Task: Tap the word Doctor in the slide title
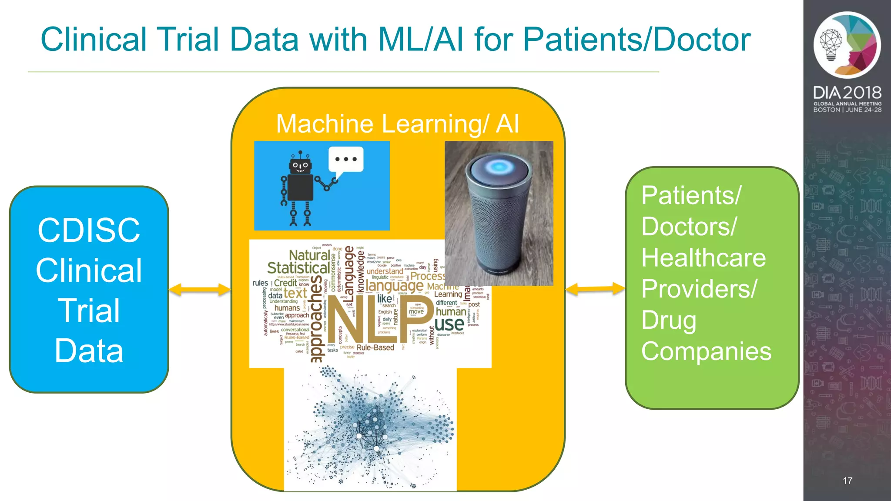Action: [702, 40]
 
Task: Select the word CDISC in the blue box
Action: [89, 230]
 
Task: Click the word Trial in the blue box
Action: [89, 311]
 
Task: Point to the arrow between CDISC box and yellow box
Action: [200, 290]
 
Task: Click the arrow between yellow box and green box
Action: [595, 289]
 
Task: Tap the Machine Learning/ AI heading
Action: [398, 124]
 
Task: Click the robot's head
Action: [300, 165]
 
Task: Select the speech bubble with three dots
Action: [346, 160]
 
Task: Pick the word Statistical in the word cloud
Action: [298, 268]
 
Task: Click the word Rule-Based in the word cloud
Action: [375, 347]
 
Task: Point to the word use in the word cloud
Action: [449, 324]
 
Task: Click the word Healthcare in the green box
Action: [703, 257]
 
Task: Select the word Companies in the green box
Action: [706, 351]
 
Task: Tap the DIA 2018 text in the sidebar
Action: [847, 93]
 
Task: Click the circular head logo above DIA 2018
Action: [847, 45]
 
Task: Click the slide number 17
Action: [847, 481]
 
